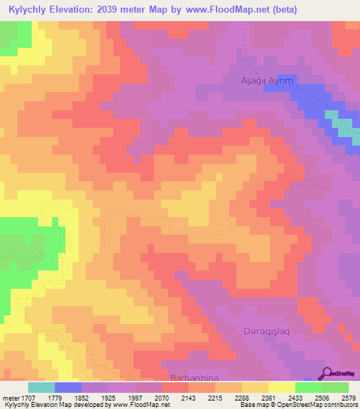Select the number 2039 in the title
click(106, 10)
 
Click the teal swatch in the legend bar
click(41, 387)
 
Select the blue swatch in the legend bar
click(68, 387)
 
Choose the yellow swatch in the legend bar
click(282, 387)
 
